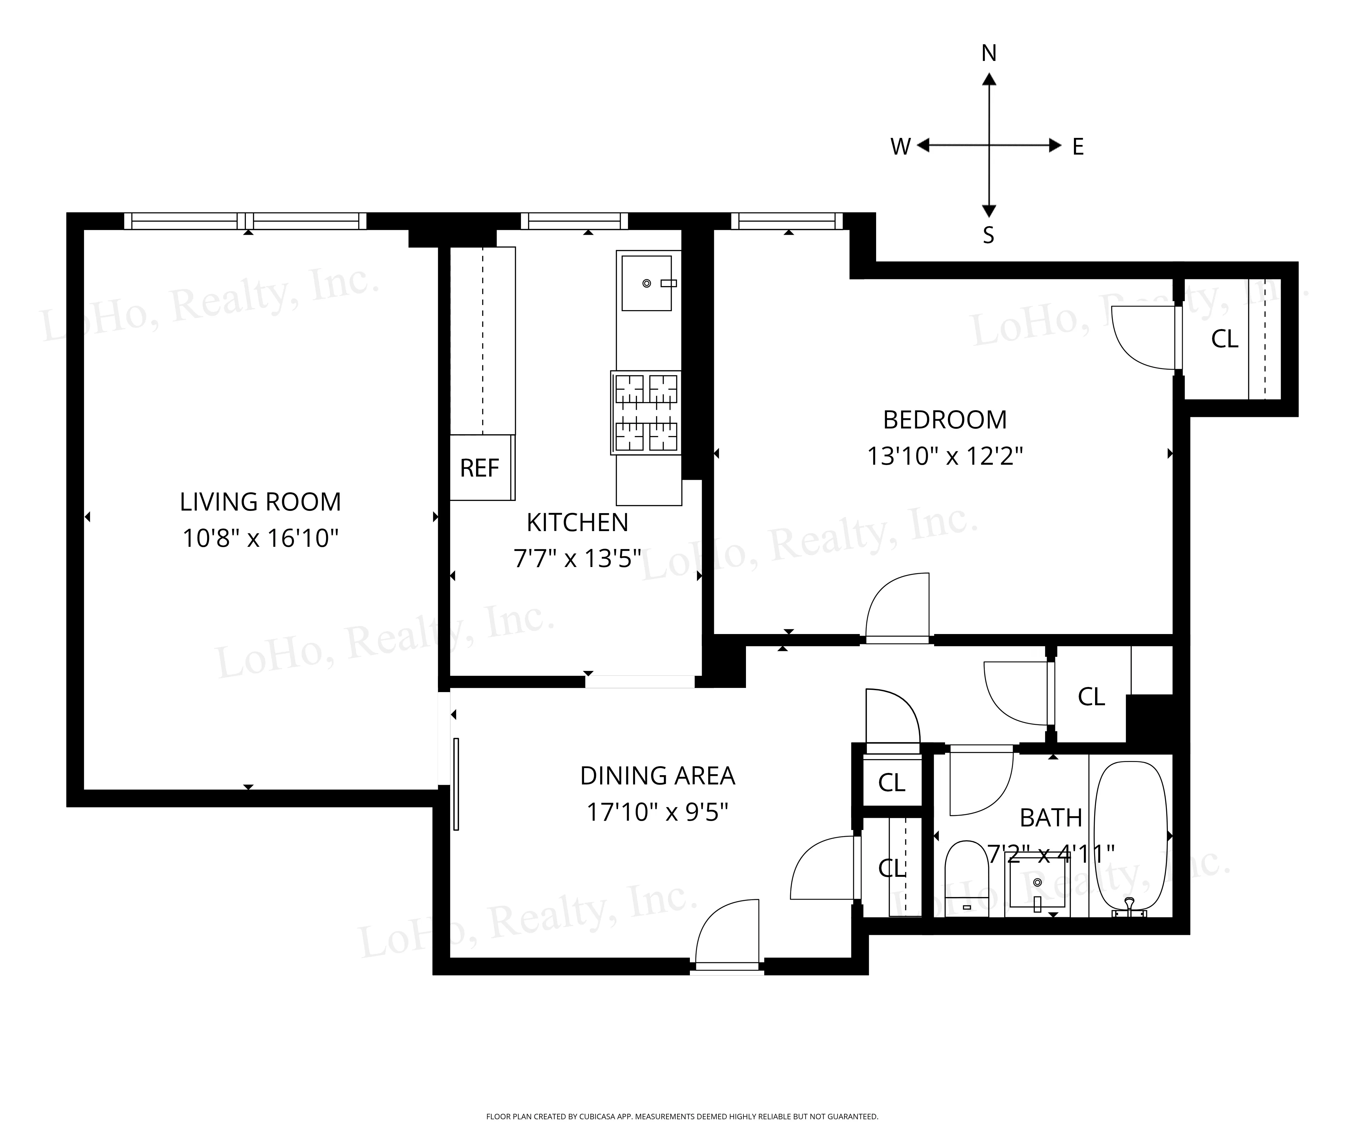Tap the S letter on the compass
coord(988,235)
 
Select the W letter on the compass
coord(900,147)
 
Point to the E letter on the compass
coord(1078,147)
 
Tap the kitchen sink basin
coord(646,283)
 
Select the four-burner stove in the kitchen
coord(646,412)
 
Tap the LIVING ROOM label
coord(260,502)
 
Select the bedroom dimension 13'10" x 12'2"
coord(944,456)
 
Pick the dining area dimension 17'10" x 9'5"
coord(657,812)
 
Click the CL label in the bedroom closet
coord(1225,339)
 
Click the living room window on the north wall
coord(245,221)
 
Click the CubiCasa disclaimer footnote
coord(682,1116)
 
